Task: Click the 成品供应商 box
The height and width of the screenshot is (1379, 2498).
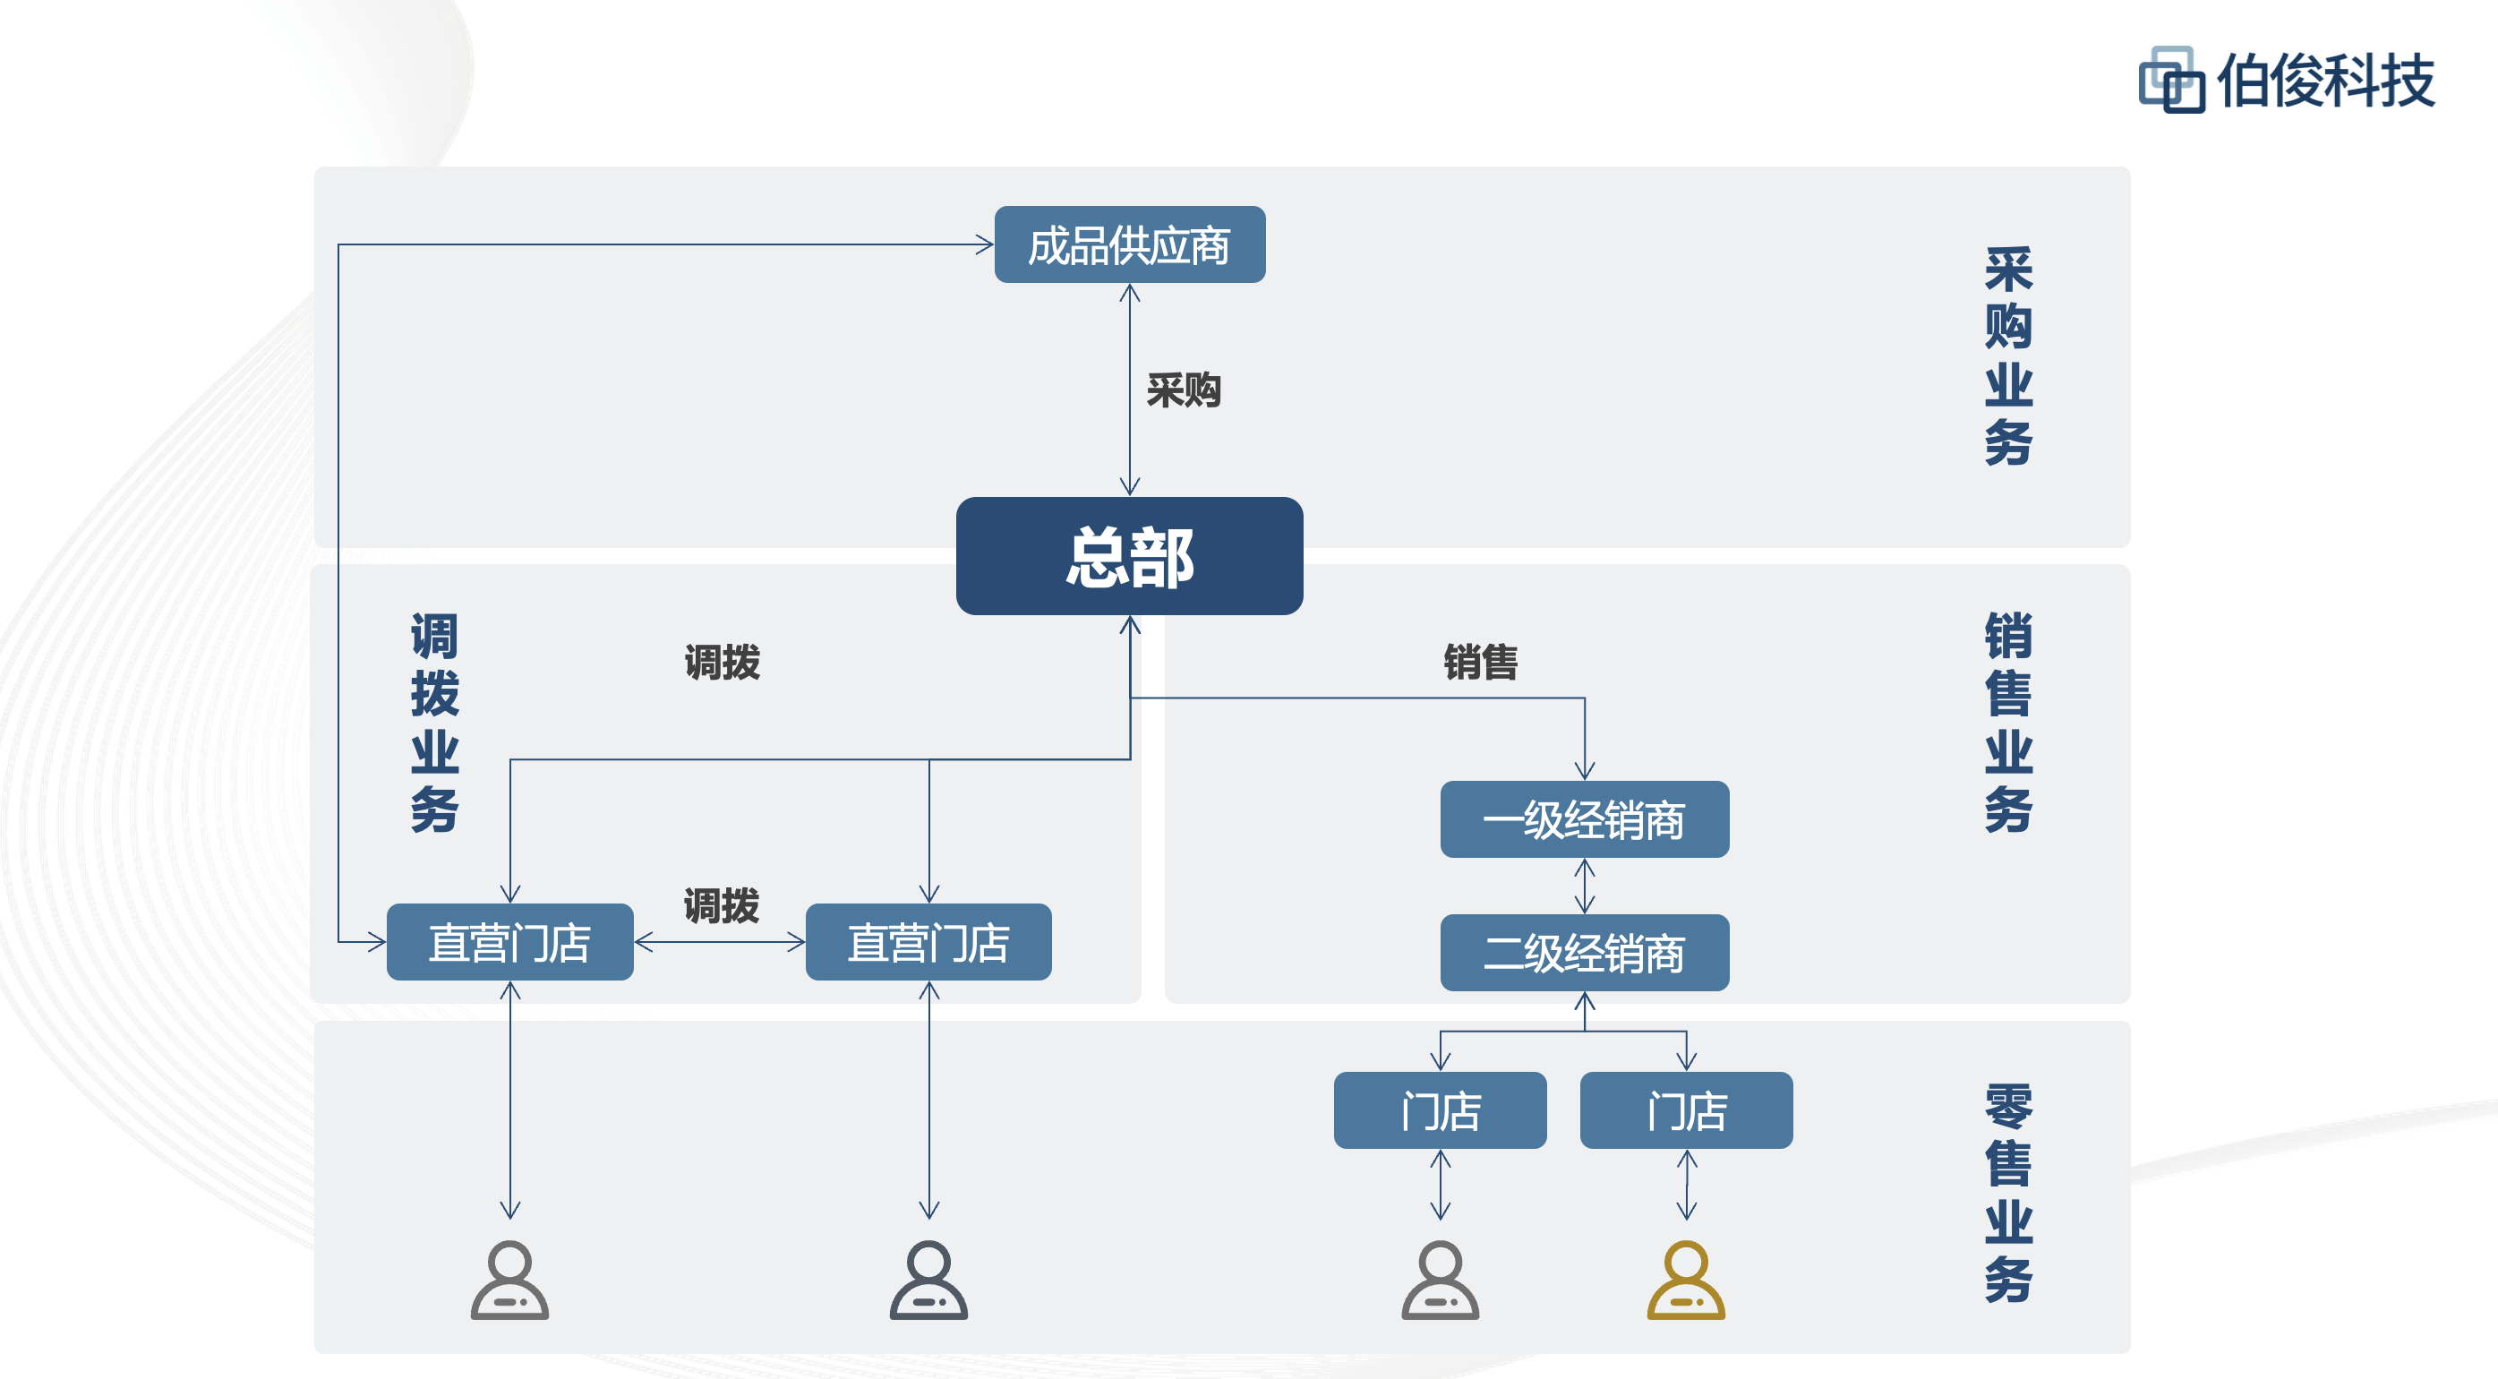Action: tap(1129, 244)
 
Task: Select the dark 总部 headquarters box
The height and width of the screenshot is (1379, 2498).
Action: tap(1129, 556)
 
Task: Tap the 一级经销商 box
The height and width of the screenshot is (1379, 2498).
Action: tap(1584, 819)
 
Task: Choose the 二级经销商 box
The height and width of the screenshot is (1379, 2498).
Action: tap(1584, 952)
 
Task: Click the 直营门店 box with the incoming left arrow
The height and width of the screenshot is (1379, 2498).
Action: tap(510, 942)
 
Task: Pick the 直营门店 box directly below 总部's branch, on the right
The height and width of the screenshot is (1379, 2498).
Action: tap(928, 942)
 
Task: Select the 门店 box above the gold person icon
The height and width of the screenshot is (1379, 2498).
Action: tap(1685, 1109)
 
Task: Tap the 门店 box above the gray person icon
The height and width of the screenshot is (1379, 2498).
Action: tap(1440, 1109)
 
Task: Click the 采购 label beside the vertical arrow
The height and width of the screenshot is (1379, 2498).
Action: tap(1183, 390)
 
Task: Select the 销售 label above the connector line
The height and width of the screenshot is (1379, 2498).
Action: tap(1480, 663)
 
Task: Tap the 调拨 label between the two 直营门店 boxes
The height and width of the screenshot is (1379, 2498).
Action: tap(722, 904)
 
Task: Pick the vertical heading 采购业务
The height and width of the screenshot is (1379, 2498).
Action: tap(2007, 355)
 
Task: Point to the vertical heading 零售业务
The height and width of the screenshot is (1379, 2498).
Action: tap(2007, 1192)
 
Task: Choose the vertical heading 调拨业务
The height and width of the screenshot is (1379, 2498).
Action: tap(434, 723)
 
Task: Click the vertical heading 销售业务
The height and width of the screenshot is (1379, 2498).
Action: tap(2007, 723)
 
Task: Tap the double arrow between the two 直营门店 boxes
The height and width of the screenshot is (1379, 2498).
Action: tap(720, 942)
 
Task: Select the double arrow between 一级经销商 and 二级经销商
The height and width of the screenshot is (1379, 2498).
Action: tap(1585, 886)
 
